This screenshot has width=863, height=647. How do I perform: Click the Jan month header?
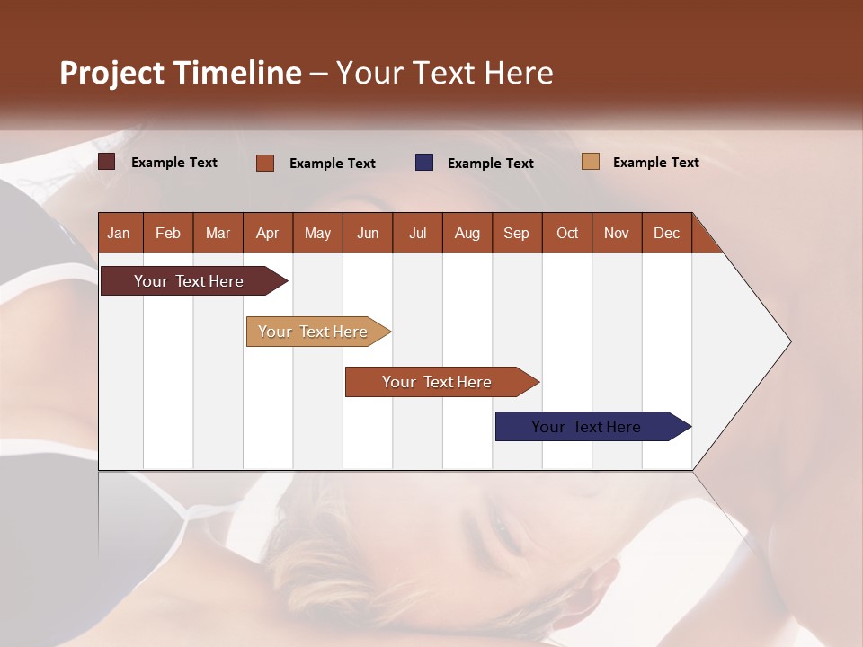(x=119, y=233)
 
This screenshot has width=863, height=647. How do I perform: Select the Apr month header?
(x=267, y=233)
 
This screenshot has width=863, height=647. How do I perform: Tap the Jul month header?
(x=417, y=233)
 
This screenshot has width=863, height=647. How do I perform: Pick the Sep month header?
(x=516, y=233)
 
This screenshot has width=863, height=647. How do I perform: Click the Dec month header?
(x=666, y=233)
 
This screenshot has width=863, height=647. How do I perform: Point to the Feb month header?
(x=168, y=233)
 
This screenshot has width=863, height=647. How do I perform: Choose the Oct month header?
(x=567, y=233)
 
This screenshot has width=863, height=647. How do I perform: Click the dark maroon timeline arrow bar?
(x=189, y=281)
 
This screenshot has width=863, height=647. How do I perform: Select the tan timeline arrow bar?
(x=313, y=332)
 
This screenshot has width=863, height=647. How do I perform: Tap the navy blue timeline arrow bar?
(x=586, y=427)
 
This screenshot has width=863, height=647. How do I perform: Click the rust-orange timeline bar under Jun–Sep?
(x=437, y=382)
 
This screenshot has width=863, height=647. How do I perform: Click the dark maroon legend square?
(x=107, y=162)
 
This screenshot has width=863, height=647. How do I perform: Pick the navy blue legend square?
(x=424, y=162)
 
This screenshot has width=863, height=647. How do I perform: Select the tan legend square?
(x=590, y=162)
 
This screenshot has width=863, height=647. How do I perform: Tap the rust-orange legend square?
(x=265, y=163)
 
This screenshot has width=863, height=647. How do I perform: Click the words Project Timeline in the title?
(x=181, y=73)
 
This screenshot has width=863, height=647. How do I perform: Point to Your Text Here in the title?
(x=445, y=73)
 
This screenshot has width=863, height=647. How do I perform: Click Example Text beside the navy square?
(x=491, y=163)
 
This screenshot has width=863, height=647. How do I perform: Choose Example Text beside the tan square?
(x=656, y=162)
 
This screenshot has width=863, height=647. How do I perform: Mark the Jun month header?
(x=368, y=233)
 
